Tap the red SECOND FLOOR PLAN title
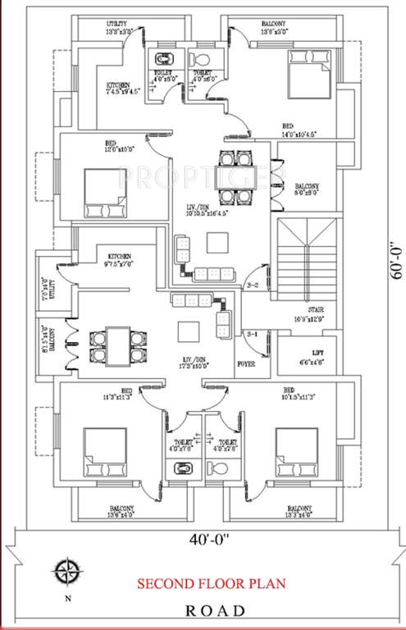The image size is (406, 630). tap(211, 584)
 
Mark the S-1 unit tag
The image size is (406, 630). tap(252, 334)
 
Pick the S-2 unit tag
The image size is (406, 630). tap(253, 285)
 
